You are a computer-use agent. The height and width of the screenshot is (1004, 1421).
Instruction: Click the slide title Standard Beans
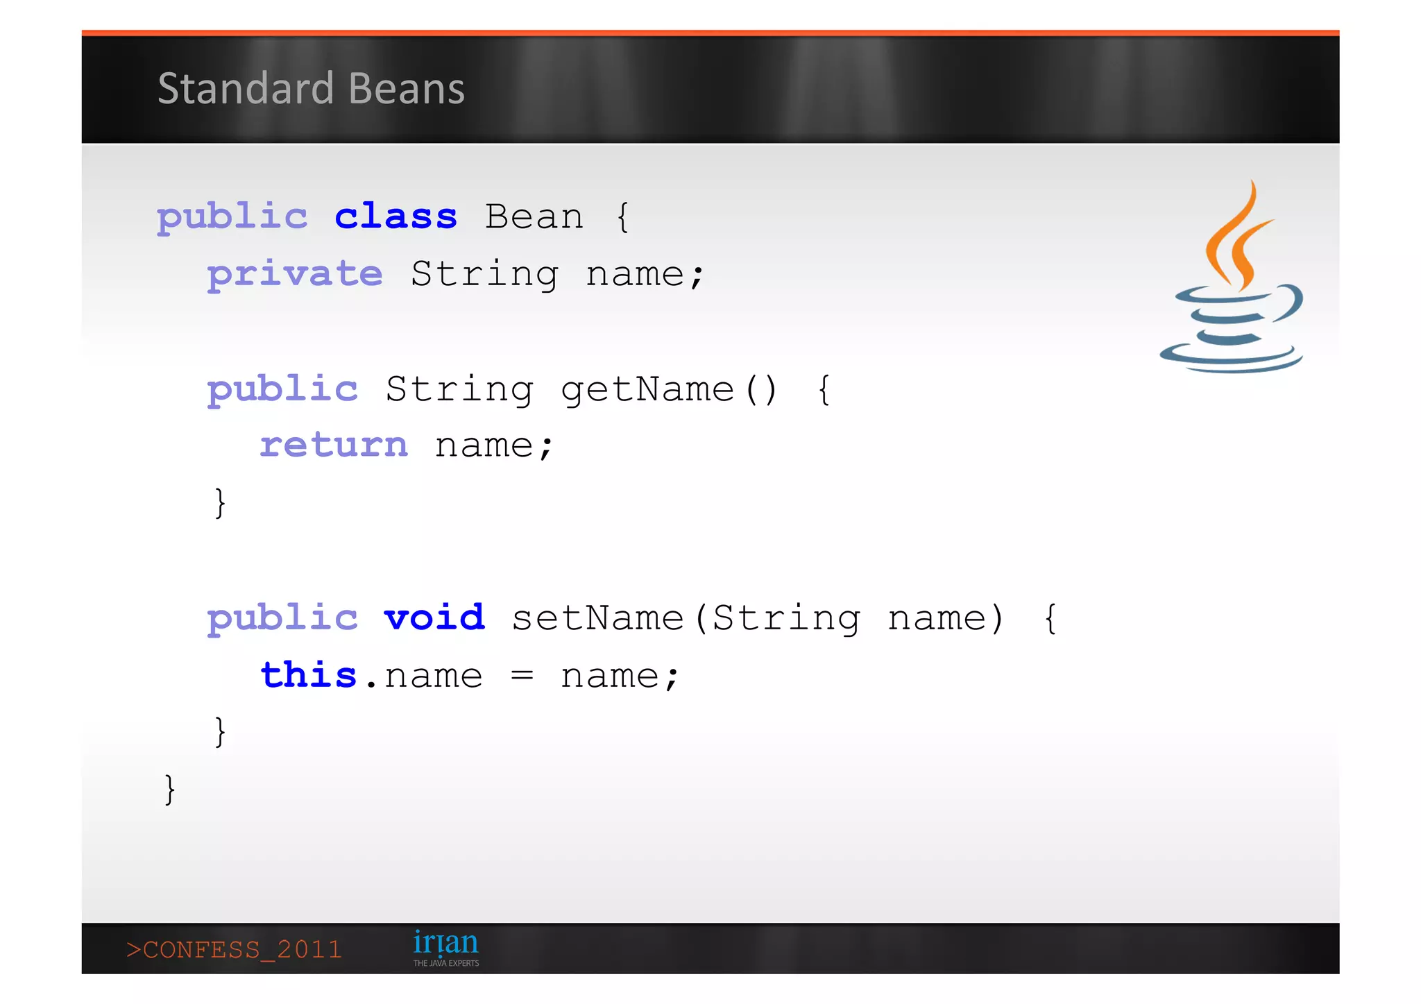[x=311, y=89]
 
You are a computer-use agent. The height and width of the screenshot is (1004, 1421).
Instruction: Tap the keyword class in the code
[x=395, y=216]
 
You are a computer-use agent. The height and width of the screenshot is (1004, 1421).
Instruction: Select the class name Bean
[x=534, y=216]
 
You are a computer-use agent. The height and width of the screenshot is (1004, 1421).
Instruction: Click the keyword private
[x=295, y=275]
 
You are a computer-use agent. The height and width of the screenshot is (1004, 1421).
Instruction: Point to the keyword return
[x=334, y=445]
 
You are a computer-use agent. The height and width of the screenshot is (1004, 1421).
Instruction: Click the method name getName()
[x=669, y=389]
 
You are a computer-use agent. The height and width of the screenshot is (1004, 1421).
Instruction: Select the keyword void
[x=434, y=618]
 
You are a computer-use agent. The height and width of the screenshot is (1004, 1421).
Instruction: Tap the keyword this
[x=308, y=675]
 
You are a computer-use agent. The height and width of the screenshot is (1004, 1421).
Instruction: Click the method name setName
[x=597, y=618]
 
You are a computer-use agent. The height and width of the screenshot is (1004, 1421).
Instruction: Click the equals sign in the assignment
[x=522, y=676]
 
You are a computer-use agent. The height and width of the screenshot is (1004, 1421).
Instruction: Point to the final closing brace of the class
[x=169, y=790]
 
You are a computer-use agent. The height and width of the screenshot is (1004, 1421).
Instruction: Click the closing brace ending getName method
[x=220, y=502]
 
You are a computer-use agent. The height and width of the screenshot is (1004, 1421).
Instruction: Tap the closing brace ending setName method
[x=220, y=732]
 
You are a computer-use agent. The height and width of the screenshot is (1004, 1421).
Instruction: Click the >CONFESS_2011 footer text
[x=235, y=949]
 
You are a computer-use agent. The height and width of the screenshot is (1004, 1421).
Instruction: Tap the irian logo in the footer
[x=445, y=943]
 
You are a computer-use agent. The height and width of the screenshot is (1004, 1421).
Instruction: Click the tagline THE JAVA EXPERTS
[x=446, y=963]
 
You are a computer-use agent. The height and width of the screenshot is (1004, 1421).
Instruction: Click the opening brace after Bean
[x=622, y=217]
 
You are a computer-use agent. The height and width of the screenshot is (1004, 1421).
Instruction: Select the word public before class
[x=232, y=218]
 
